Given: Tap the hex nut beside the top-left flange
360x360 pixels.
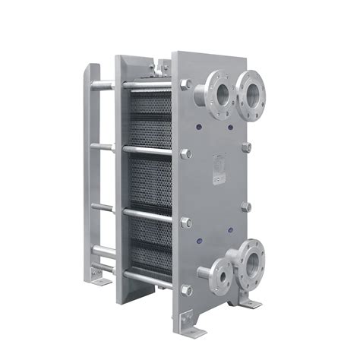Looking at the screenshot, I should pyautogui.click(x=185, y=84).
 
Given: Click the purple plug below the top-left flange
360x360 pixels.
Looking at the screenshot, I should pyautogui.click(x=200, y=128).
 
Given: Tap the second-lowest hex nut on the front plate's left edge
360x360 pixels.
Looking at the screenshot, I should pyautogui.click(x=185, y=221).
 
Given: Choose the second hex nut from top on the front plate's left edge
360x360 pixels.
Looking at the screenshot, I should pyautogui.click(x=185, y=153).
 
